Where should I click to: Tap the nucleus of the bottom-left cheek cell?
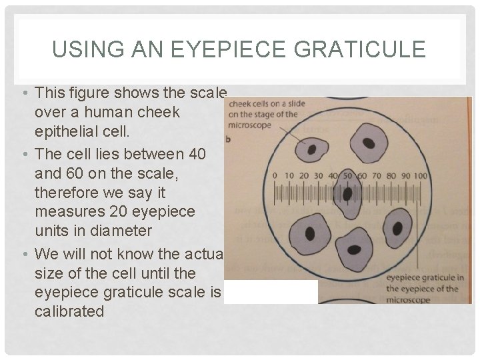coord(310,232)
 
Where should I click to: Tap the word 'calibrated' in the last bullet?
coord(69,311)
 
